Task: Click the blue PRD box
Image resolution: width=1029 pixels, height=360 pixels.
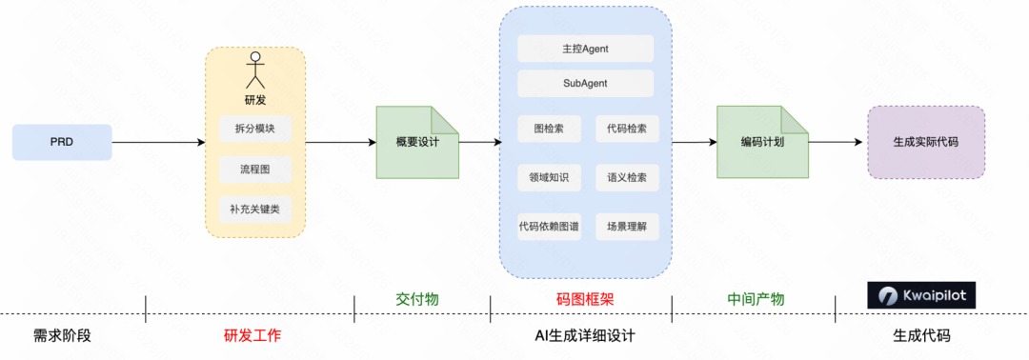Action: point(62,142)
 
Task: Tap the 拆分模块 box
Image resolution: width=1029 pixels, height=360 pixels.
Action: point(254,130)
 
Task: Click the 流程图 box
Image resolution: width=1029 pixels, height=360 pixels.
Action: point(254,170)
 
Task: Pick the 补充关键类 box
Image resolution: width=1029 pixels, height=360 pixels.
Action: point(254,210)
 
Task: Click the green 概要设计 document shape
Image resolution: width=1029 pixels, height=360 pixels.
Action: point(417,142)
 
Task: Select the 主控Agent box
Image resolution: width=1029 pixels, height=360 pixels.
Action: point(585,49)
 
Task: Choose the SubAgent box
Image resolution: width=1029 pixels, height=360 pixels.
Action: point(585,83)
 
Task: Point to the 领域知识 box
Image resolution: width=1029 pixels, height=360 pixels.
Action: point(550,177)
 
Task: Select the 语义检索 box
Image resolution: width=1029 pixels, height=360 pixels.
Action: point(626,177)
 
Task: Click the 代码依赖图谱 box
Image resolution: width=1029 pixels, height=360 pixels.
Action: point(550,226)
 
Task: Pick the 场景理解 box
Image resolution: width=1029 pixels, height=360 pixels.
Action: point(626,226)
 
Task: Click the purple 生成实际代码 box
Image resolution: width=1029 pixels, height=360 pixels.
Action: point(925,142)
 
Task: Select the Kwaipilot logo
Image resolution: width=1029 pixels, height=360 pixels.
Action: point(921,295)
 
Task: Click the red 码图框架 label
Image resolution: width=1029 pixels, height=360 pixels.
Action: point(585,299)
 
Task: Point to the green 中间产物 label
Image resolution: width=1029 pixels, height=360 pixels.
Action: point(756,299)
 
